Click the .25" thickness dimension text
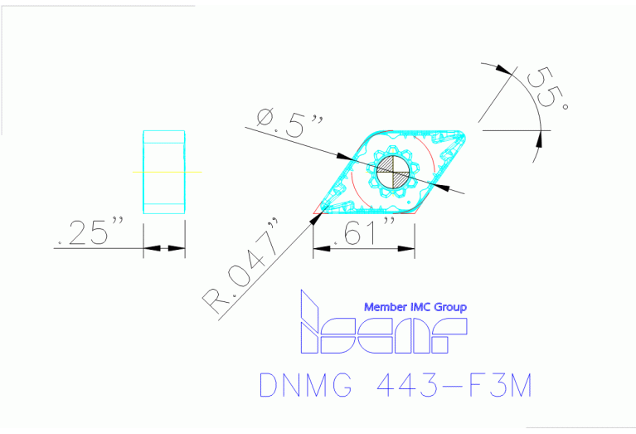[x=92, y=232]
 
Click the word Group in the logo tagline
[x=448, y=307]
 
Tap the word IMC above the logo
[x=419, y=307]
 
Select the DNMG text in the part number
[x=303, y=387]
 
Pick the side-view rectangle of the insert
[x=163, y=172]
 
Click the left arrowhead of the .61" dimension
[x=318, y=247]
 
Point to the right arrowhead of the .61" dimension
[x=409, y=247]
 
